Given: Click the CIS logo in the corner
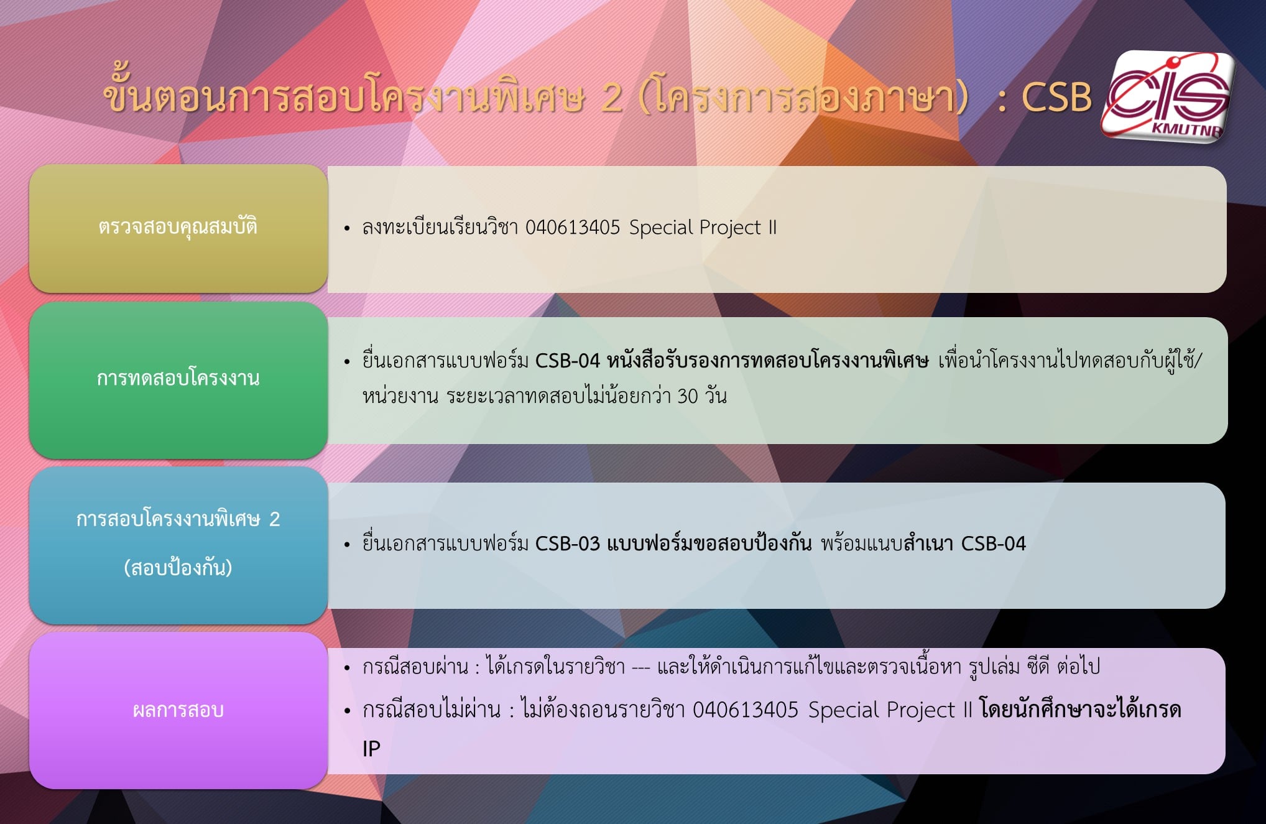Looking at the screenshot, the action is click(1168, 96).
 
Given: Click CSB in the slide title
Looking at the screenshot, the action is click(1056, 98).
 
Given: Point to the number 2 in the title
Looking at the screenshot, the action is click(611, 98).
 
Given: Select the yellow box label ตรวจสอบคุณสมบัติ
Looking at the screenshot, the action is click(178, 227).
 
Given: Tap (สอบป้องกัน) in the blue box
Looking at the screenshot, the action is click(178, 568).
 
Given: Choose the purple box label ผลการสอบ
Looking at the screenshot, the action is click(178, 710).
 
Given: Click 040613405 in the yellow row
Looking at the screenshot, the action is click(573, 228).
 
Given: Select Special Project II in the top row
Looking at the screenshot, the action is click(703, 228).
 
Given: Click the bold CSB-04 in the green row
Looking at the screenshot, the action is click(567, 361).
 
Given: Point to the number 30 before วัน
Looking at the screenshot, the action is click(688, 396).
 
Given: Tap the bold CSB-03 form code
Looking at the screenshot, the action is click(567, 544).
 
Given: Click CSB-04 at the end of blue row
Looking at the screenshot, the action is click(993, 544).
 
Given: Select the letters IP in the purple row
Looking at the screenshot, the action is click(371, 749).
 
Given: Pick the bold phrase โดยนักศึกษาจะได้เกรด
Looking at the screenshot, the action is click(1080, 710).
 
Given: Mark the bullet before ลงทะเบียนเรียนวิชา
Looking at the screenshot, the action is click(347, 229).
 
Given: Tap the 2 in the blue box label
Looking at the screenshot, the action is click(274, 519).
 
